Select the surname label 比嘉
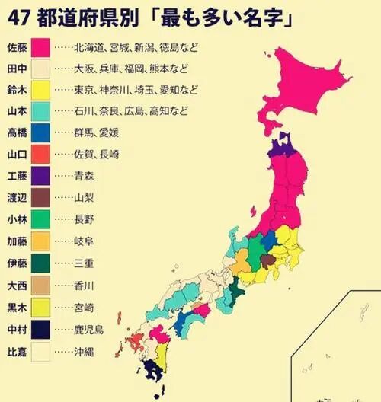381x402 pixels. [x=17, y=353]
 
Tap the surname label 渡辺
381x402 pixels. [x=17, y=197]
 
